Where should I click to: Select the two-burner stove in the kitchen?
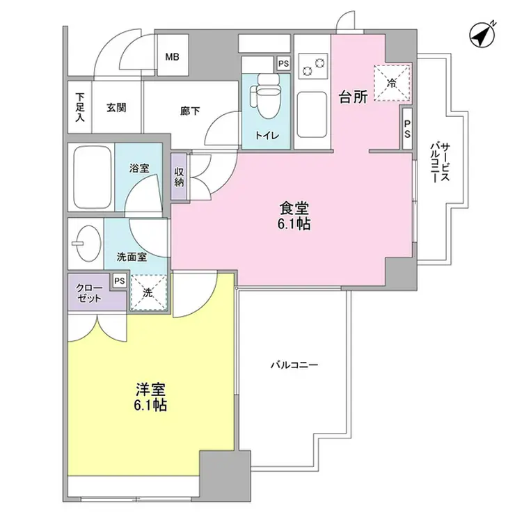(x=312, y=65)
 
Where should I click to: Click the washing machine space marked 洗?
(x=148, y=292)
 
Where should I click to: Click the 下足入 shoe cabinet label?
(x=80, y=108)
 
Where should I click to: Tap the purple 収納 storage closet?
(x=180, y=176)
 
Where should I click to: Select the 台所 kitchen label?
(x=353, y=97)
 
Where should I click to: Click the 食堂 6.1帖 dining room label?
(x=294, y=216)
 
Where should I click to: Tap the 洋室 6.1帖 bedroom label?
(x=150, y=397)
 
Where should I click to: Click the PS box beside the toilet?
(x=283, y=63)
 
